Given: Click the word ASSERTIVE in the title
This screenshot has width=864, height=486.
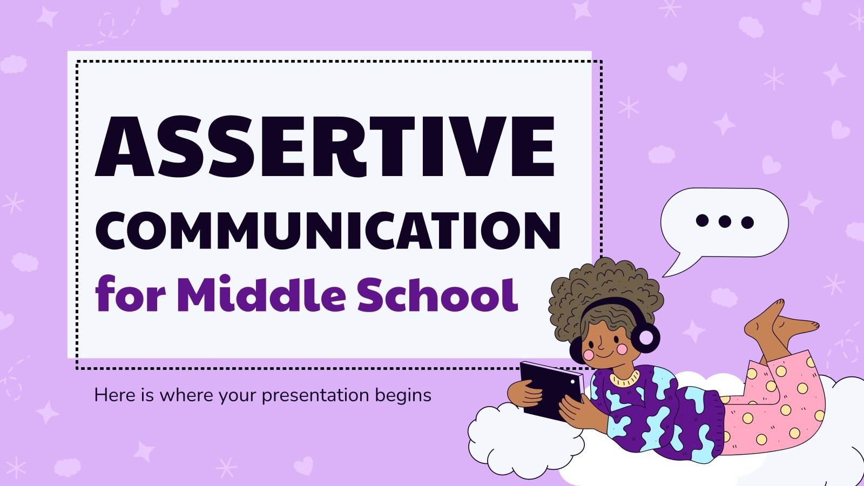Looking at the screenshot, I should click(x=325, y=147).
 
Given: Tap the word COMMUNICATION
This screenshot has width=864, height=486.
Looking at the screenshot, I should click(x=328, y=231).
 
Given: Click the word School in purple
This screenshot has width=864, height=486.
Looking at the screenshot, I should click(x=437, y=295).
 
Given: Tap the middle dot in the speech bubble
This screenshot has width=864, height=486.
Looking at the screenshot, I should click(x=725, y=221).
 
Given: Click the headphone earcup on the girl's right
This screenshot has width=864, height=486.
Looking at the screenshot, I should click(x=646, y=337).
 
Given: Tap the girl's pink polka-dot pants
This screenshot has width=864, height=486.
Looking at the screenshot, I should click(x=778, y=405).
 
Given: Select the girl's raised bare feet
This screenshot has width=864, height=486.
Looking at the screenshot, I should click(x=778, y=324).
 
